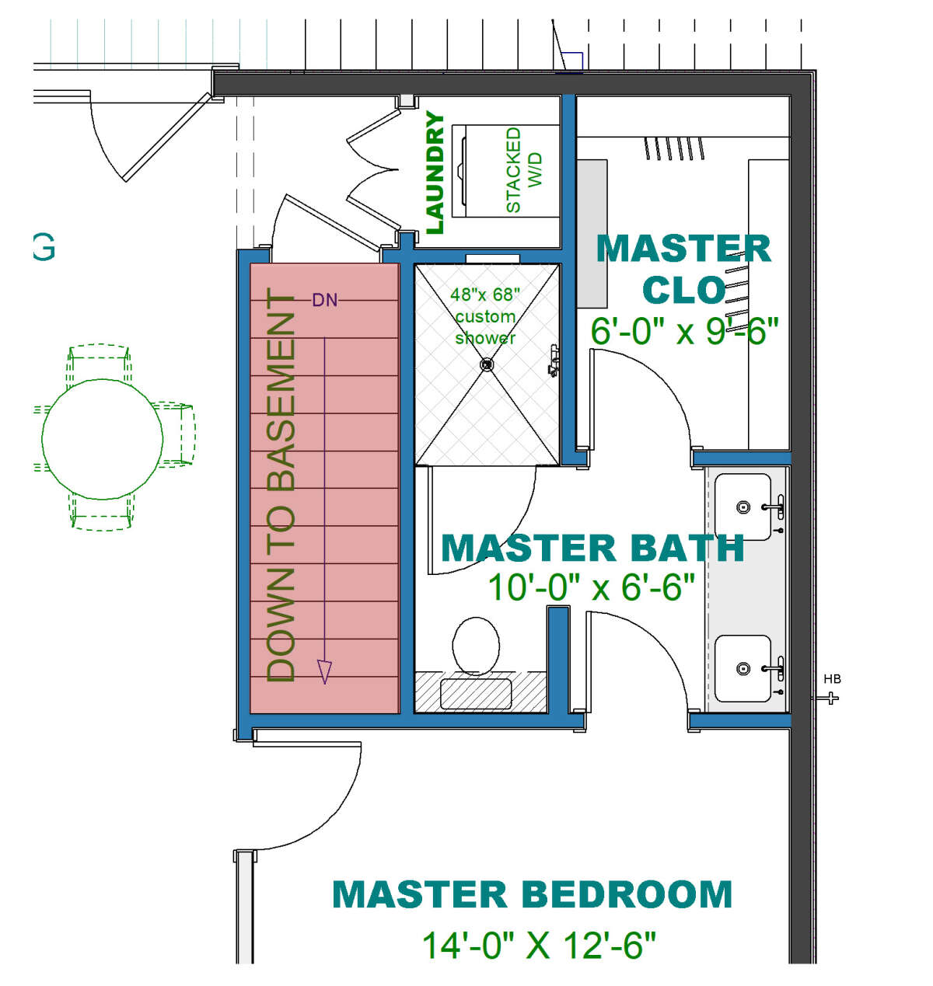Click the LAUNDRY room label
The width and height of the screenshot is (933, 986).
coord(435,173)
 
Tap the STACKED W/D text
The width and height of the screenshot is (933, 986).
coord(523,169)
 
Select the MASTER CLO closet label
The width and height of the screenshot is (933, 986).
coord(683,270)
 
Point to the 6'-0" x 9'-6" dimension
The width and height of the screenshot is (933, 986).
coord(684,331)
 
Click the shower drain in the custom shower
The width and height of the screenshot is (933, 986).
coord(486,364)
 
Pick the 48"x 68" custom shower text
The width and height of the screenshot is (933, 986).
coord(485,316)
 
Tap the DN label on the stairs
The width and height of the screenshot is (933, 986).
coord(325,301)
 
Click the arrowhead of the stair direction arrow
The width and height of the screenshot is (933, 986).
coord(325,672)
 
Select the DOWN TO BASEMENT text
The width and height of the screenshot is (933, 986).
coord(281,486)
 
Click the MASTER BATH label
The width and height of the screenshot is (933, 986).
coord(592,549)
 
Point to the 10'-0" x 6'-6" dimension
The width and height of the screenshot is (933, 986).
coord(591,587)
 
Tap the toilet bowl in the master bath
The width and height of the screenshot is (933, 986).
coord(476,646)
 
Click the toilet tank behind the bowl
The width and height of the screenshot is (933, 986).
coord(476,694)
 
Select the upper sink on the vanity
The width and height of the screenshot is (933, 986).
coord(743,507)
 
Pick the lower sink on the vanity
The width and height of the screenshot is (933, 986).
coord(743,668)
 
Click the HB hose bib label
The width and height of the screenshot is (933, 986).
coord(832,679)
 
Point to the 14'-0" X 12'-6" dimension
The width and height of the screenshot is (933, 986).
coord(539,945)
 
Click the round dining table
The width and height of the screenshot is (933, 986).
coord(103,439)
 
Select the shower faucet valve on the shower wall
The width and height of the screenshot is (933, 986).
coord(554,360)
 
